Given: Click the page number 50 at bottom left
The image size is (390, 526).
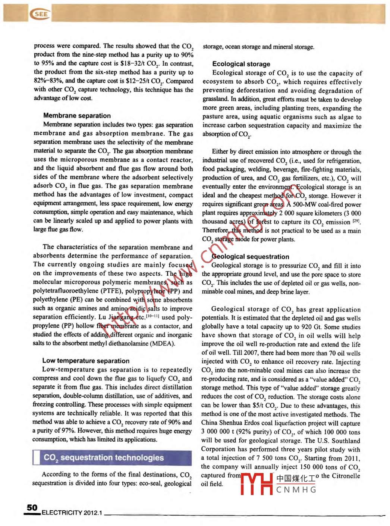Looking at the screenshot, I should (x=32, y=507).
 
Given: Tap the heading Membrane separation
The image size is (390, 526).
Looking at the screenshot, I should (x=77, y=116).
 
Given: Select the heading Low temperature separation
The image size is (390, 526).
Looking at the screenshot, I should (x=86, y=361).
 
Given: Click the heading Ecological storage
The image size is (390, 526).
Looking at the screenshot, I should (x=241, y=64).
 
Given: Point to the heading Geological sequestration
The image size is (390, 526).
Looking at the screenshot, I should (x=250, y=257).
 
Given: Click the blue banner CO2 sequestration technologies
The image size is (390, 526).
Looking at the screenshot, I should (x=104, y=458).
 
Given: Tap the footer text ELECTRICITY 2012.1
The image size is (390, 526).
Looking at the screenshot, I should (x=72, y=513).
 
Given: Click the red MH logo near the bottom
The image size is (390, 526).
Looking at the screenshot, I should (x=257, y=484).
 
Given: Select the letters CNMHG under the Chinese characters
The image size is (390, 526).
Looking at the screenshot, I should (x=296, y=490).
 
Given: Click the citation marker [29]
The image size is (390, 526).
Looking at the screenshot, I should (x=356, y=222).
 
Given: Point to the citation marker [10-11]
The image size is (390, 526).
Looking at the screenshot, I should (x=153, y=316).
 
